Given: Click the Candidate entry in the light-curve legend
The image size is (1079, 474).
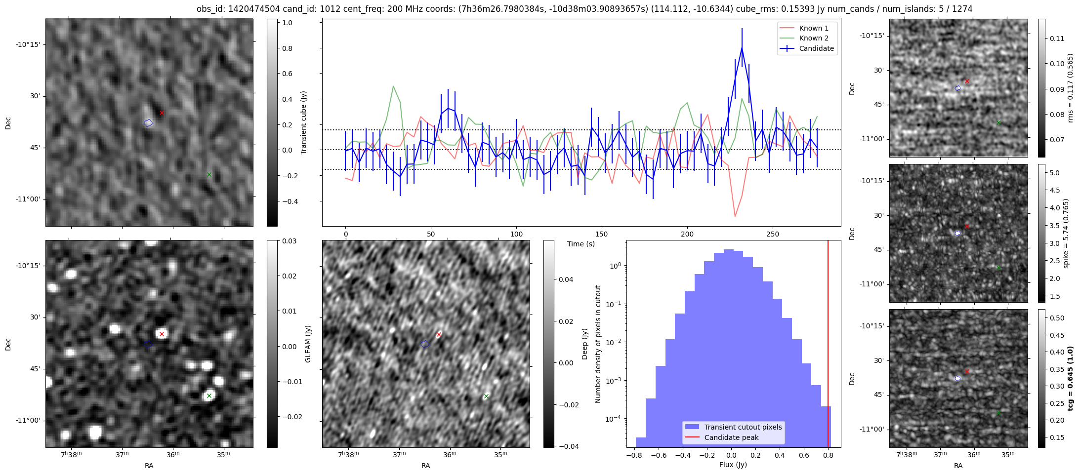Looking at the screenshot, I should [816, 48].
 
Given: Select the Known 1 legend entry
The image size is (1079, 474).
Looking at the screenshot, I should [814, 28].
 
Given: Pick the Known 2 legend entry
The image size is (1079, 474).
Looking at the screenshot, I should [814, 38].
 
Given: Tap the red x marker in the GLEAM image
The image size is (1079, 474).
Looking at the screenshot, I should [162, 334].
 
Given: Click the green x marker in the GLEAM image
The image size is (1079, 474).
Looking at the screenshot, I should [209, 395].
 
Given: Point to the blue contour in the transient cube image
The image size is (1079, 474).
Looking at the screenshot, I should [148, 122].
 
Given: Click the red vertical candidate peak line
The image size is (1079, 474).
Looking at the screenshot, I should [828, 346].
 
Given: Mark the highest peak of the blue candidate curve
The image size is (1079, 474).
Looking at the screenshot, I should [742, 48].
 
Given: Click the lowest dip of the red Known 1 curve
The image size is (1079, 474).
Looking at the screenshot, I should [735, 216].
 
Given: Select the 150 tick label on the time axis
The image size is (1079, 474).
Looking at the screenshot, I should [602, 234].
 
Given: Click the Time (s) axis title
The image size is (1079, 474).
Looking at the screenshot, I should [581, 244].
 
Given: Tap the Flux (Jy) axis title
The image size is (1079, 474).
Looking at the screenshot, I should [733, 465].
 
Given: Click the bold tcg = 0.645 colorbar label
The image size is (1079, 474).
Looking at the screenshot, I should [1070, 379].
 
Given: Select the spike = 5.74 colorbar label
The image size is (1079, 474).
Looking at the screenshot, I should [1066, 234].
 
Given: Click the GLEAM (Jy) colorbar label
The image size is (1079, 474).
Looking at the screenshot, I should [308, 344].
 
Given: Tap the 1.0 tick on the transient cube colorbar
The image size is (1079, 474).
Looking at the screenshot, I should [287, 23].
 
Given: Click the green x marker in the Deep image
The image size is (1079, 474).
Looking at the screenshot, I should [486, 396].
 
